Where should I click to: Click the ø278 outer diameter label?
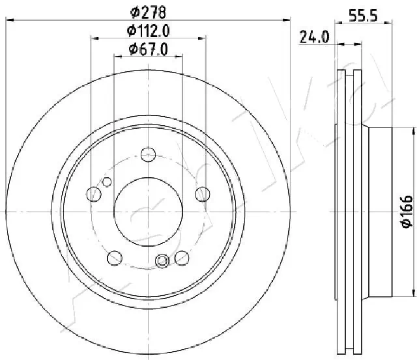tap(147, 11)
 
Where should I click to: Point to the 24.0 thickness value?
tap(314, 37)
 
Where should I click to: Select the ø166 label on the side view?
tap(406, 212)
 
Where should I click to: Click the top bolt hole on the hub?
tap(148, 156)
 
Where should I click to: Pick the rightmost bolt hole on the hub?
tap(203, 193)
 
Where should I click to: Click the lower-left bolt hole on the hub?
tap(114, 256)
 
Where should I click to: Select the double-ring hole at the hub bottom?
tap(163, 261)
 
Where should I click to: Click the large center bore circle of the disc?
tap(148, 212)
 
